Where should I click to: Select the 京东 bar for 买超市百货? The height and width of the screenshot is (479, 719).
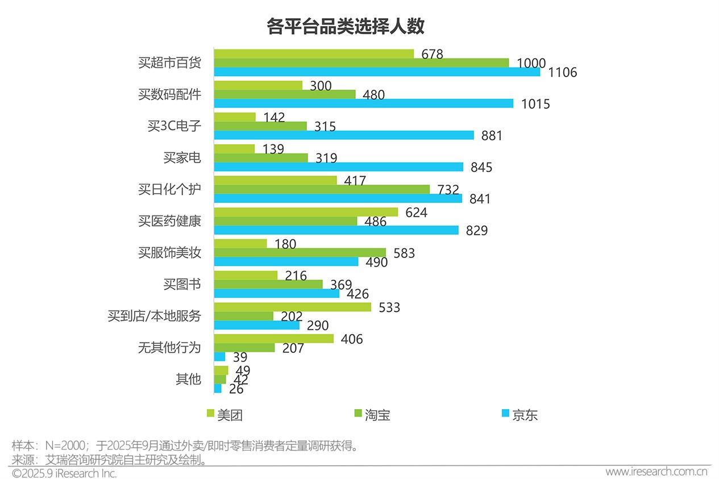(376, 72)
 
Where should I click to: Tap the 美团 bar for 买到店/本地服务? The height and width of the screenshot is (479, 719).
(292, 307)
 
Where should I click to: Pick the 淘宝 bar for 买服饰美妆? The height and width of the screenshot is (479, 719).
(300, 252)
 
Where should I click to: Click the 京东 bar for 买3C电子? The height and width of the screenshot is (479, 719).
(343, 135)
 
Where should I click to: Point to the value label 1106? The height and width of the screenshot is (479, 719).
(563, 73)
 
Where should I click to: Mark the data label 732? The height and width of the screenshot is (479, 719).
(448, 190)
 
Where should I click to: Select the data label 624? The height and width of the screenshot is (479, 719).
(416, 213)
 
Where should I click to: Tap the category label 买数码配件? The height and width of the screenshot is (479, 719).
(169, 94)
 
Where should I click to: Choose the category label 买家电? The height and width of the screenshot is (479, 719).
(182, 157)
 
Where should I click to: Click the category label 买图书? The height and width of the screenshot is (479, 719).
(182, 284)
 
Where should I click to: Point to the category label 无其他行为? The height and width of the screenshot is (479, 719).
(169, 347)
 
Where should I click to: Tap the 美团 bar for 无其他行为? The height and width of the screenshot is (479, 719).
(273, 339)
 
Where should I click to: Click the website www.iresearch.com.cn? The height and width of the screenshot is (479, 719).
(656, 472)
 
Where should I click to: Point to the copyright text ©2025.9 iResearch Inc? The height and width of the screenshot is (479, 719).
(64, 473)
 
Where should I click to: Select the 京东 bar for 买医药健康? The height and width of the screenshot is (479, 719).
(336, 230)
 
